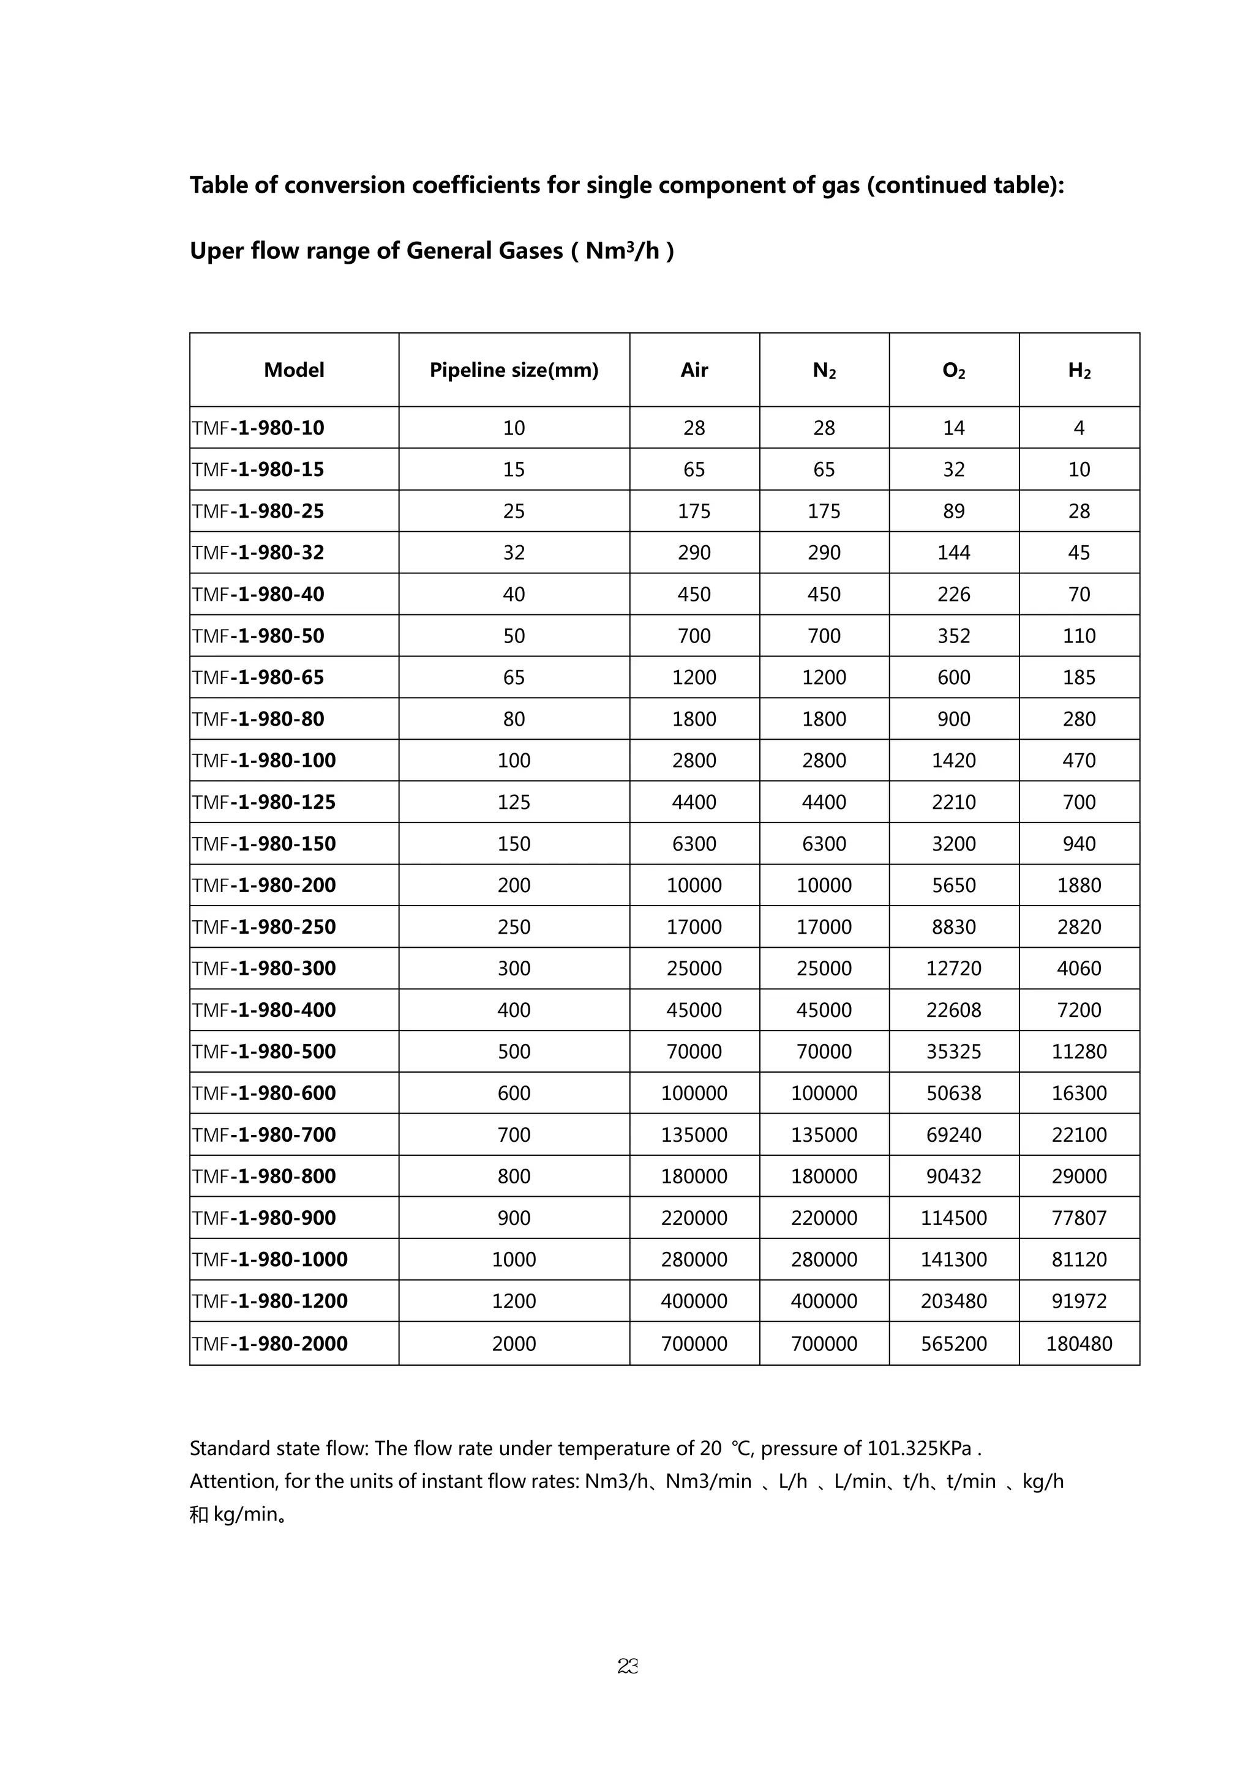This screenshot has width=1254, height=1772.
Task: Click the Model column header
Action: tap(293, 370)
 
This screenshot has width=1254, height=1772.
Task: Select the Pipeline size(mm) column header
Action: tap(514, 370)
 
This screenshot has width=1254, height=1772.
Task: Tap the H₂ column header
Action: tap(1079, 370)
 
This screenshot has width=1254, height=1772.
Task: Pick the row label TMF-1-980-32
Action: tap(258, 553)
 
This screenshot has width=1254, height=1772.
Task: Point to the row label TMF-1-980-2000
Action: tap(269, 1344)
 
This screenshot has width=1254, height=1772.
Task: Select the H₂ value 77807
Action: tap(1079, 1218)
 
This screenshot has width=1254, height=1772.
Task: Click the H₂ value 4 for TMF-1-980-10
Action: tap(1079, 428)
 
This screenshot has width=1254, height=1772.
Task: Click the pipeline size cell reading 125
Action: tap(514, 802)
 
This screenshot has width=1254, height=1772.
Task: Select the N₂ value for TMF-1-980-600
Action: tap(824, 1093)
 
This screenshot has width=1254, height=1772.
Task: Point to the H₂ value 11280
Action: tap(1079, 1051)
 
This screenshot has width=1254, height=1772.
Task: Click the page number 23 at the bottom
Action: tap(627, 1666)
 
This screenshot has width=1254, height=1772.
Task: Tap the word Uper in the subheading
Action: tap(218, 251)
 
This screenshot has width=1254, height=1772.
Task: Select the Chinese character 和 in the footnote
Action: tap(198, 1514)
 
